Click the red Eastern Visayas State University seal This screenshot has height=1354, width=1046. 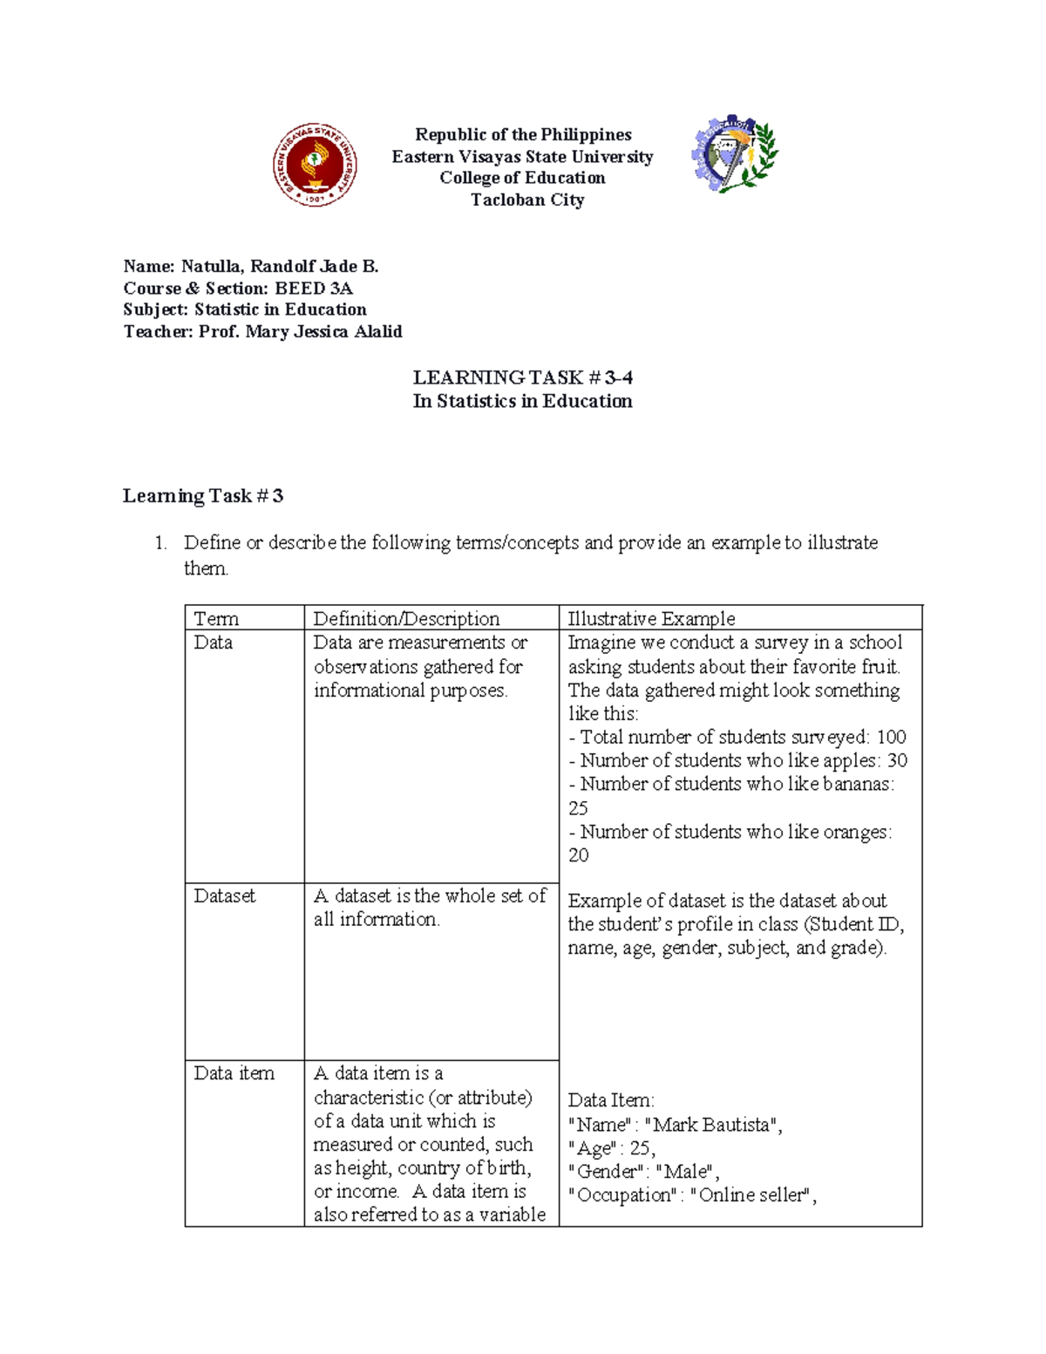pyautogui.click(x=315, y=165)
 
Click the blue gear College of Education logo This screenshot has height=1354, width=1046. pyautogui.click(x=734, y=154)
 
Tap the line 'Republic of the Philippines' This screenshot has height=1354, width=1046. pyautogui.click(x=523, y=134)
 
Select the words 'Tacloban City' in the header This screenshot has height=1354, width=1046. pyautogui.click(x=527, y=200)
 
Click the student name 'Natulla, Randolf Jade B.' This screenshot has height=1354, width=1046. pyautogui.click(x=280, y=266)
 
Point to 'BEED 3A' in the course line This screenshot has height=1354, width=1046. pyautogui.click(x=314, y=288)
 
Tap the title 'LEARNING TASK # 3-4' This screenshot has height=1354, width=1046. pyautogui.click(x=522, y=378)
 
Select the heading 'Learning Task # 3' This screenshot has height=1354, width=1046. pyautogui.click(x=203, y=496)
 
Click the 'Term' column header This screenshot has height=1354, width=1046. pyautogui.click(x=216, y=618)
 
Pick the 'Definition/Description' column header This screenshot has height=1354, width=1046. pyautogui.click(x=406, y=618)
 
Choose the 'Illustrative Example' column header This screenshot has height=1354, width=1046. pyautogui.click(x=651, y=618)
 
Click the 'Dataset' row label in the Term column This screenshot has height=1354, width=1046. pyautogui.click(x=224, y=895)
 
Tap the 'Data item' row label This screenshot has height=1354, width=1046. pyautogui.click(x=234, y=1073)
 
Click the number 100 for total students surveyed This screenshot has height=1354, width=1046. pyautogui.click(x=891, y=738)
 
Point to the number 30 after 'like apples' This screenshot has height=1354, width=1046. pyautogui.click(x=897, y=761)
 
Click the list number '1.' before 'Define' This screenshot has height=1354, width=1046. pyautogui.click(x=160, y=543)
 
